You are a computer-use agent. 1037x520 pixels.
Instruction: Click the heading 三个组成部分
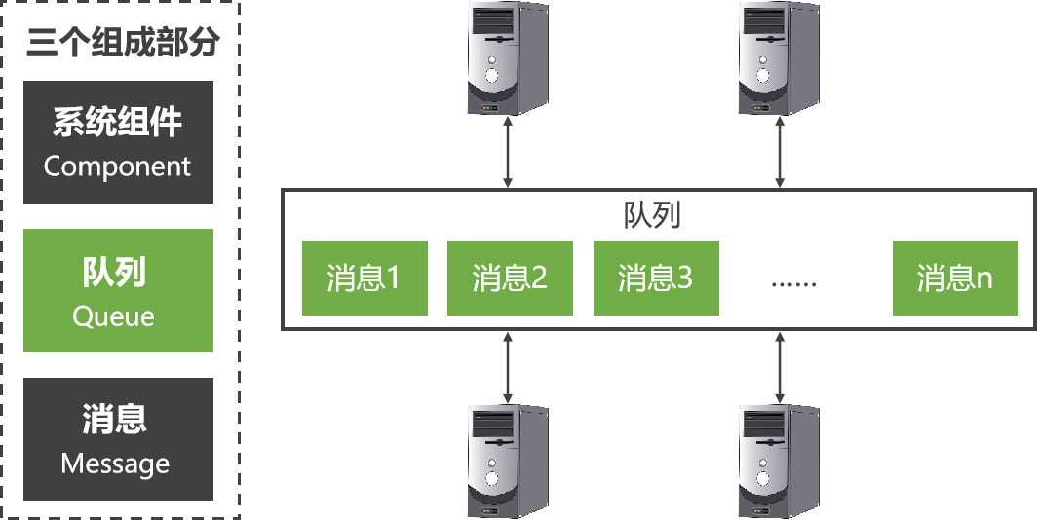[124, 42]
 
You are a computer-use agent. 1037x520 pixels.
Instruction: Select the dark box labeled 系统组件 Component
[118, 142]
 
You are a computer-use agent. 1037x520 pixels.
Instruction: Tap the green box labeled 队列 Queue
[118, 290]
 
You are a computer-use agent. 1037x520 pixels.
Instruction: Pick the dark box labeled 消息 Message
[118, 438]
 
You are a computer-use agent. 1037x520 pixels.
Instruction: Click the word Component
[118, 167]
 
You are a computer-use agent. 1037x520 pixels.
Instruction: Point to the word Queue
[114, 316]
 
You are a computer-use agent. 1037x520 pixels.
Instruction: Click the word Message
[115, 464]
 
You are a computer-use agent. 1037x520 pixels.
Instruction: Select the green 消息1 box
[365, 279]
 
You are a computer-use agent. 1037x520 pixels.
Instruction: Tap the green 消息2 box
[510, 279]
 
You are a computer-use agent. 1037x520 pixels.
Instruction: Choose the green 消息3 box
[656, 279]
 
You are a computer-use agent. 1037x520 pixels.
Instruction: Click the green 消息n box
[955, 279]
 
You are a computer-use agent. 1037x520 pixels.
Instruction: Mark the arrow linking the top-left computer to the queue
[507, 153]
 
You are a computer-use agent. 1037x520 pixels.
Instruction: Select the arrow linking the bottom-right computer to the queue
[780, 366]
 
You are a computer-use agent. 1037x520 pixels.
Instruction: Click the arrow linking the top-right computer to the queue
[780, 153]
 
